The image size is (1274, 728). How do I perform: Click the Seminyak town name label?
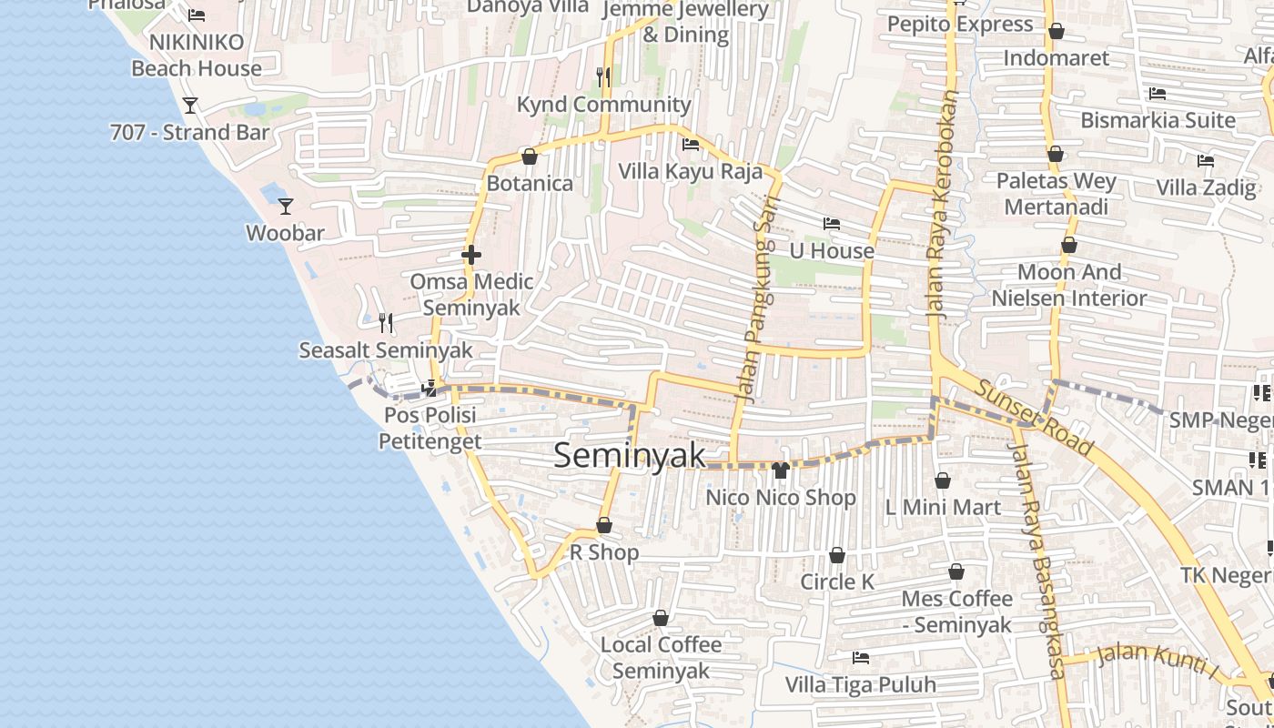(630, 455)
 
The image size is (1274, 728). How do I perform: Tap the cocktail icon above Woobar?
(286, 207)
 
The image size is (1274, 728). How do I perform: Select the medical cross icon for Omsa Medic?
(471, 255)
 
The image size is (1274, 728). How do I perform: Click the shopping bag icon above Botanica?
(530, 157)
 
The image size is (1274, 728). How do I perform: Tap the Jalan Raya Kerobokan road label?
(943, 204)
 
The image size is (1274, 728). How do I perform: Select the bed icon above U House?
(831, 224)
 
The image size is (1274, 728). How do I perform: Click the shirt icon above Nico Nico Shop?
(781, 470)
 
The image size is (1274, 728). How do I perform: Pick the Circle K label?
(837, 581)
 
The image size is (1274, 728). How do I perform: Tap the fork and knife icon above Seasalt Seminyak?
(386, 323)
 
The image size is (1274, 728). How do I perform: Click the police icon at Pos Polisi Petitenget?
(429, 389)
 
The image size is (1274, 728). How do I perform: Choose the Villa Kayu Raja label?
(691, 171)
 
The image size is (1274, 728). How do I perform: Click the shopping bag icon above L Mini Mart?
(943, 480)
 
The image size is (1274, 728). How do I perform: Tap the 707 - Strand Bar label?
(189, 132)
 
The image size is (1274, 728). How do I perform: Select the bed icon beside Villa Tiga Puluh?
(860, 658)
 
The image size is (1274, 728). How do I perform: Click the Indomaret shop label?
(1056, 58)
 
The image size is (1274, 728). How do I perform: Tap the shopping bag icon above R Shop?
(604, 525)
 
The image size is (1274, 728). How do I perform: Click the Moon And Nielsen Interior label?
(1069, 285)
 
